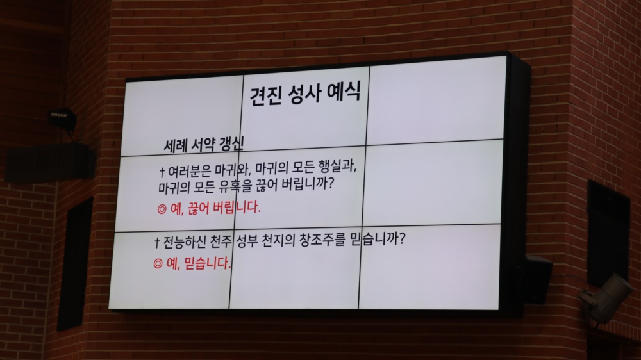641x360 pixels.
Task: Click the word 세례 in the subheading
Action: click(176, 146)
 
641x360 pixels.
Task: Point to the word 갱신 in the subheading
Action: click(231, 143)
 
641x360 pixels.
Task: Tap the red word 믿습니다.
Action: click(207, 263)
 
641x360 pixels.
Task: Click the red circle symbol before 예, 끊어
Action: click(162, 209)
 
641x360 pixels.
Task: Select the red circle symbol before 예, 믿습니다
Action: click(158, 264)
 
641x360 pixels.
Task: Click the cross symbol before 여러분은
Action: click(162, 172)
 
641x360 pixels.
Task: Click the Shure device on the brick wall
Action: click(63, 120)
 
